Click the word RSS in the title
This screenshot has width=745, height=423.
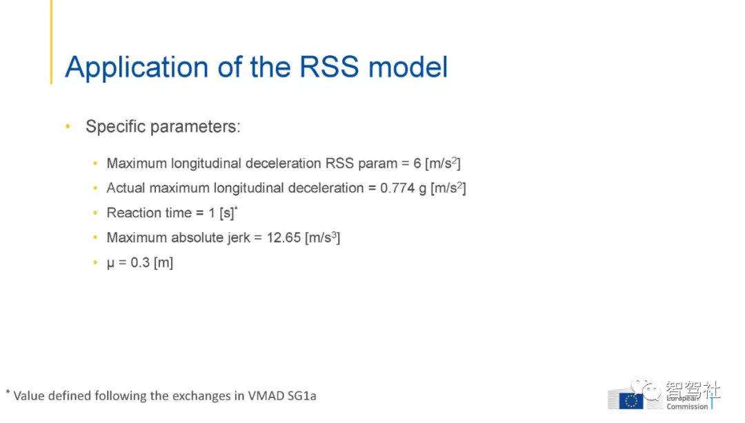pyautogui.click(x=329, y=66)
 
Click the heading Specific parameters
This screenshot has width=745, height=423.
pyautogui.click(x=163, y=127)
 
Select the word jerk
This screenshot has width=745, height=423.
pyautogui.click(x=239, y=238)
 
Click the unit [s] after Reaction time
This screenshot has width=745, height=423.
pyautogui.click(x=227, y=213)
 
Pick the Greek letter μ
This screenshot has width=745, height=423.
pyautogui.click(x=110, y=264)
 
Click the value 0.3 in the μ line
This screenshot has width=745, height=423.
pyautogui.click(x=140, y=262)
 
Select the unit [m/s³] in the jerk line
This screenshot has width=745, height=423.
pyautogui.click(x=323, y=237)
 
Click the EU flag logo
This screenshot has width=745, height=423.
pyautogui.click(x=631, y=401)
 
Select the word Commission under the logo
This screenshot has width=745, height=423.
pyautogui.click(x=687, y=407)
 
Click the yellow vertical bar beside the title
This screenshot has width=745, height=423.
pyautogui.click(x=51, y=42)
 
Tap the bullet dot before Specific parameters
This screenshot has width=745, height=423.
pyautogui.click(x=68, y=126)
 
